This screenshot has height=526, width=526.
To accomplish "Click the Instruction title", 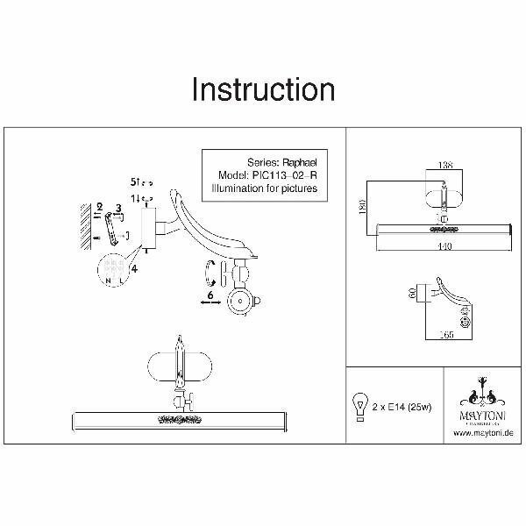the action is point(263,89).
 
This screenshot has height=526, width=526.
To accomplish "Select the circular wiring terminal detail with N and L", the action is point(111,267).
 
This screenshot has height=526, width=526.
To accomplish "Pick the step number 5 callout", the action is point(134,181).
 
